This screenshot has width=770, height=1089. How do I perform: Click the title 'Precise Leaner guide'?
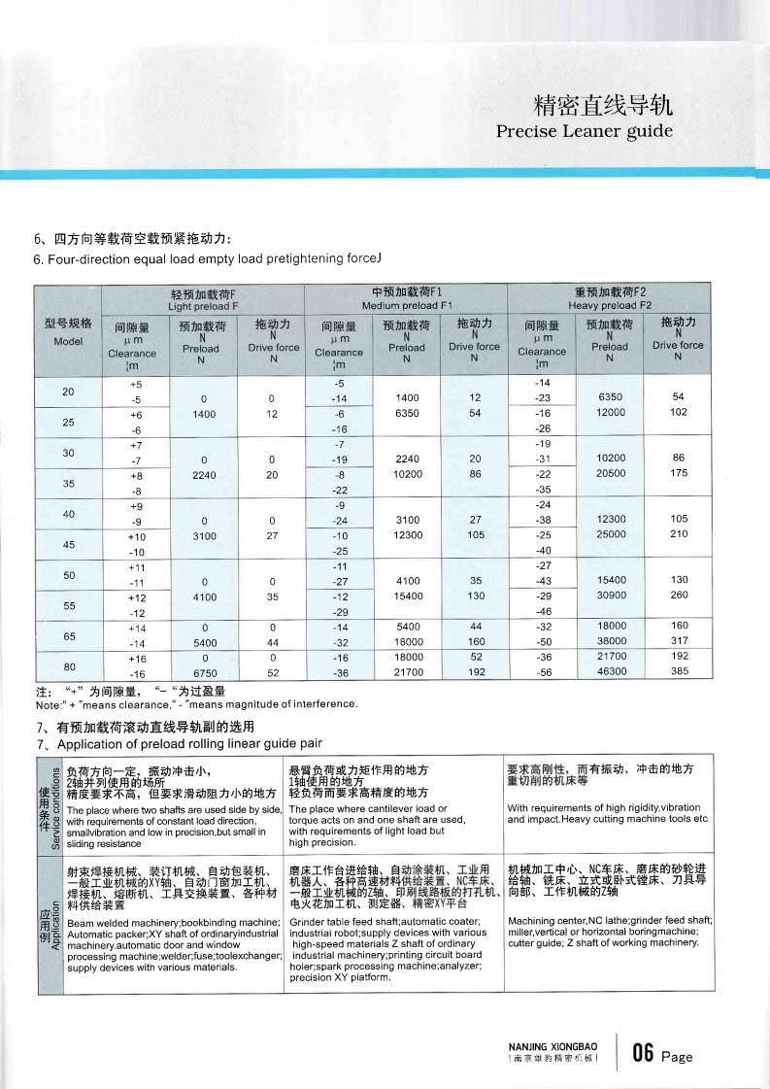tap(584, 131)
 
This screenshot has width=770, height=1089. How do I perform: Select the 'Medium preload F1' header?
tap(407, 306)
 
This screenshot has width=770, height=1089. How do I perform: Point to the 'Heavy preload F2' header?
tap(611, 306)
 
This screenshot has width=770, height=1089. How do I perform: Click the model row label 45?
tap(68, 544)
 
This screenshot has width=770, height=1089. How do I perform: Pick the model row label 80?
tap(68, 665)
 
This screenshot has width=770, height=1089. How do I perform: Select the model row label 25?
tap(68, 422)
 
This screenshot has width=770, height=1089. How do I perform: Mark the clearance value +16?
tap(137, 658)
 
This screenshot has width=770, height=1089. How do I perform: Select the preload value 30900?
tap(610, 595)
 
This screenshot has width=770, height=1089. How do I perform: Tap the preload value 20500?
tap(610, 473)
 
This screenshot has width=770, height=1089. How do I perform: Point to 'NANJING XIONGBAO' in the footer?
tap(553, 1046)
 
